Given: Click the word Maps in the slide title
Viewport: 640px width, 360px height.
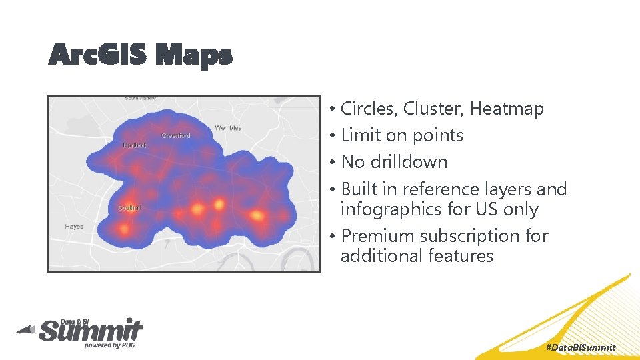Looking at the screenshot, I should [x=193, y=55].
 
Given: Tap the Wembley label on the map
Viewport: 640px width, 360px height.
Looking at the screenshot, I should [x=228, y=127].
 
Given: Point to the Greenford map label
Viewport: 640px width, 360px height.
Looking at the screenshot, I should [x=176, y=135].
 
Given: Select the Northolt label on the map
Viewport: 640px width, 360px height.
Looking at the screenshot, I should [x=134, y=145].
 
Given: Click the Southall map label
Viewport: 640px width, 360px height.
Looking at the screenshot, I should [x=130, y=208].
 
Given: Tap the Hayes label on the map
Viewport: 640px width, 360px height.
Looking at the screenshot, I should [x=74, y=227].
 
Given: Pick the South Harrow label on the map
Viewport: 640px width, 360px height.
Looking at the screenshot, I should [x=140, y=99].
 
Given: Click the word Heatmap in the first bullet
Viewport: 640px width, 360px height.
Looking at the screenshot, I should [x=507, y=109].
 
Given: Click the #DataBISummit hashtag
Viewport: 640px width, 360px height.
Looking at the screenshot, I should [x=580, y=347].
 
